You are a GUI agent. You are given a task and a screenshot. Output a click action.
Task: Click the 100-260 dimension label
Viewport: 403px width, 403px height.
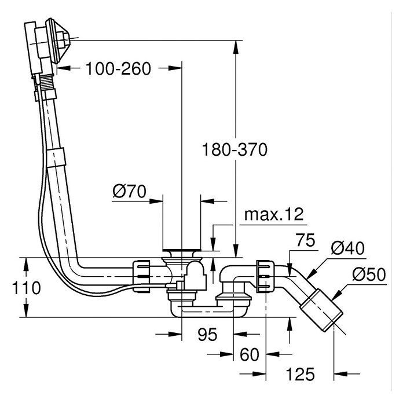(x=118, y=69)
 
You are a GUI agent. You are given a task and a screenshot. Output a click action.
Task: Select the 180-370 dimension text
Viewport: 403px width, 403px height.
(x=235, y=149)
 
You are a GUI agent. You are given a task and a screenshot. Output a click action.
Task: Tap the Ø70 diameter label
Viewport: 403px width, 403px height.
(x=129, y=191)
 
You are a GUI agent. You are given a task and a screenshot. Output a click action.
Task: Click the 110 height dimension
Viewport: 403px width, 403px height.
(x=26, y=288)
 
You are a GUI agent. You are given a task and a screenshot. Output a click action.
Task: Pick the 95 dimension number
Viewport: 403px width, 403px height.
(x=207, y=334)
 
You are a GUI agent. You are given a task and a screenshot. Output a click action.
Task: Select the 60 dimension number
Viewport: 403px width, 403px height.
(x=250, y=355)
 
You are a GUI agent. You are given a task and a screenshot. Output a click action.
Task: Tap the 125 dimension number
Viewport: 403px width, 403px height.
(x=300, y=374)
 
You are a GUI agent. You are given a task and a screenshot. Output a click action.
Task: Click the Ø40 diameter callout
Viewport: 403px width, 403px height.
(x=347, y=248)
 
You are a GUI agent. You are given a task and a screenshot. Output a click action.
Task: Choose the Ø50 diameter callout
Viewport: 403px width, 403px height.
(x=369, y=274)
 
